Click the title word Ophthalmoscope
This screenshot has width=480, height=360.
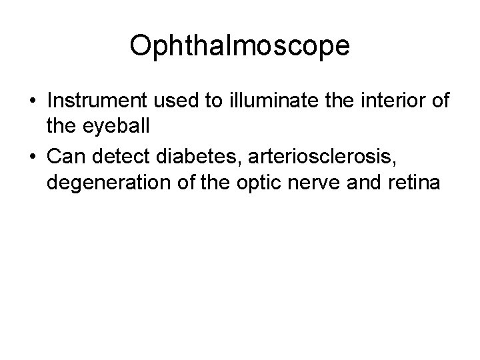pyautogui.click(x=239, y=46)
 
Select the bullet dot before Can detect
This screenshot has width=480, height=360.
pyautogui.click(x=33, y=158)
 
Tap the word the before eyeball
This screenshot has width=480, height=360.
pyautogui.click(x=63, y=127)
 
